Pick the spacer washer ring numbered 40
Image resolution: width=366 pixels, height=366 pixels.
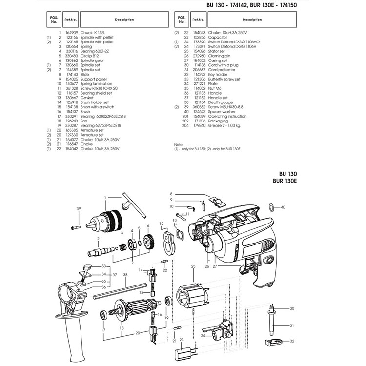[x=272, y=207]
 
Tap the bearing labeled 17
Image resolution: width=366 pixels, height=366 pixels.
[x=103, y=315]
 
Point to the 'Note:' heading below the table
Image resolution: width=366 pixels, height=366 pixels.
[x=178, y=145]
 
